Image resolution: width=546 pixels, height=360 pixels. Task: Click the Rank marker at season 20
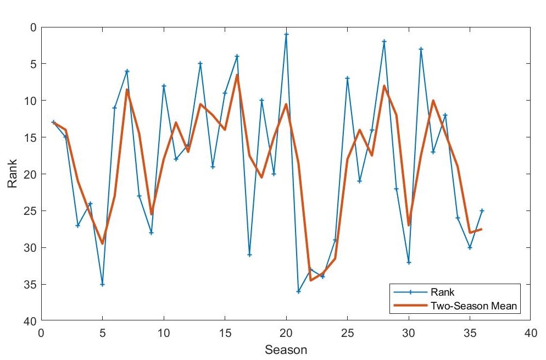(x=286, y=34)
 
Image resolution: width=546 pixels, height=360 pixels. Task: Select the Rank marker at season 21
(x=298, y=291)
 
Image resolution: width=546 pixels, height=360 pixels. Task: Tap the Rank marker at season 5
(x=102, y=284)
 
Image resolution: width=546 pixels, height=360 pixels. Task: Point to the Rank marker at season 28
(x=384, y=41)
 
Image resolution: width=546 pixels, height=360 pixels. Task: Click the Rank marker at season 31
(x=421, y=49)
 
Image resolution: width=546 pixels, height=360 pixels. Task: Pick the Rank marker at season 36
(x=482, y=211)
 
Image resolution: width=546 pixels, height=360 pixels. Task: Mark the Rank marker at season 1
(x=53, y=122)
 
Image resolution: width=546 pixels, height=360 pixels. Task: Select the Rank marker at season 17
(x=249, y=254)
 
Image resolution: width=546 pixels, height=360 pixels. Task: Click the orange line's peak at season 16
(x=237, y=75)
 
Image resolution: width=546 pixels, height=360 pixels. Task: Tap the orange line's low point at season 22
(x=311, y=280)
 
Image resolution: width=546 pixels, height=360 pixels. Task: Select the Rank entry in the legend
(x=443, y=292)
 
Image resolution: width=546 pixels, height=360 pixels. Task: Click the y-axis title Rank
(x=13, y=173)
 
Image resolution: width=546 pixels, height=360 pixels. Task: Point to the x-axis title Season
(x=286, y=350)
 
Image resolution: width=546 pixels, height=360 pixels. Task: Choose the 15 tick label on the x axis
(x=225, y=333)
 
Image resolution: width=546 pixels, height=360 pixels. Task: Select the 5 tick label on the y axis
(x=33, y=64)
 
